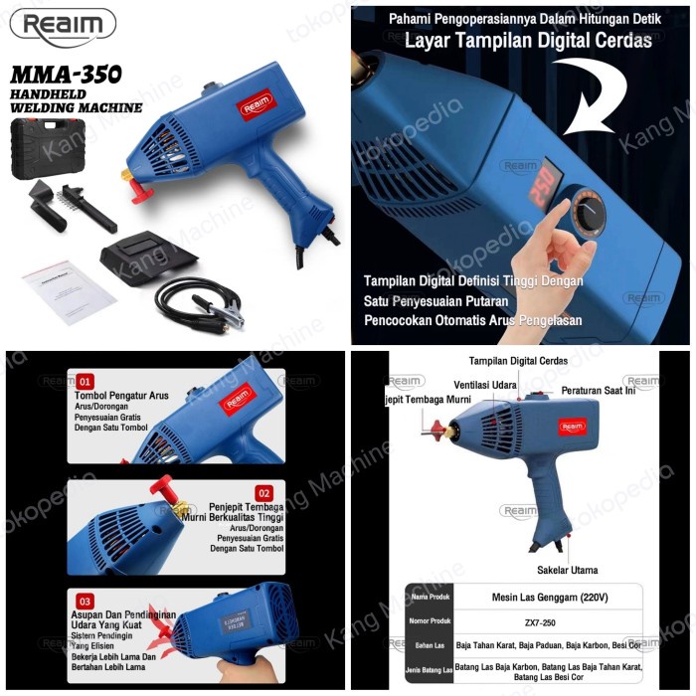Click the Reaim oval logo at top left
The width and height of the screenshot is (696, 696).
click(63, 26)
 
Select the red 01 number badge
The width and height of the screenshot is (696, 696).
click(86, 381)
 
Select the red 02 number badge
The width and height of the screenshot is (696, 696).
click(263, 493)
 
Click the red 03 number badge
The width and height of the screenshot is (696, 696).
click(86, 602)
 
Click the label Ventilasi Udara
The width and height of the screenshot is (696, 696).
click(486, 384)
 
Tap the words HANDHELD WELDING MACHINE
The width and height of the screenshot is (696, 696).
click(77, 100)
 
